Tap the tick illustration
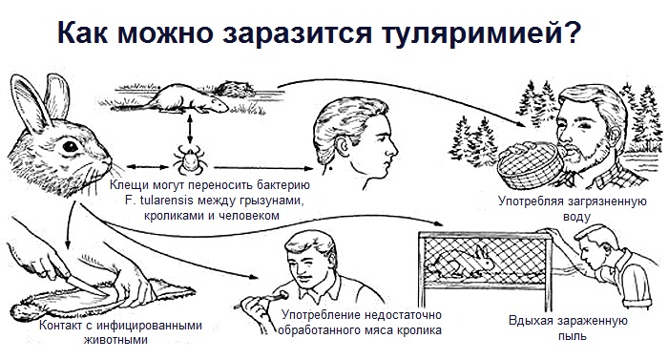pyautogui.click(x=189, y=159)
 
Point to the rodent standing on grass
pyautogui.click(x=186, y=99)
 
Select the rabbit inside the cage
pyautogui.click(x=463, y=262)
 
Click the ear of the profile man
pyautogui.click(x=342, y=146)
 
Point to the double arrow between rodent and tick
pyautogui.click(x=190, y=129)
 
